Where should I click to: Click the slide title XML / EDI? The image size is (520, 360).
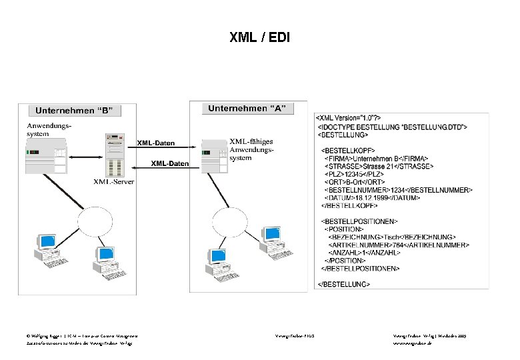coord(260,37)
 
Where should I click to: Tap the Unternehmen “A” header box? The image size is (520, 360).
coord(247,109)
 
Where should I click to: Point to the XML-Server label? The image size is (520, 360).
coord(113,181)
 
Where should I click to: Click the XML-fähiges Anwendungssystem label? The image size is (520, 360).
coord(251,150)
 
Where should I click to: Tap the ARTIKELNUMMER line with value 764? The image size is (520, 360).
coord(394,245)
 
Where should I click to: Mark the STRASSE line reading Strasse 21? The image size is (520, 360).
coord(377,167)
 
